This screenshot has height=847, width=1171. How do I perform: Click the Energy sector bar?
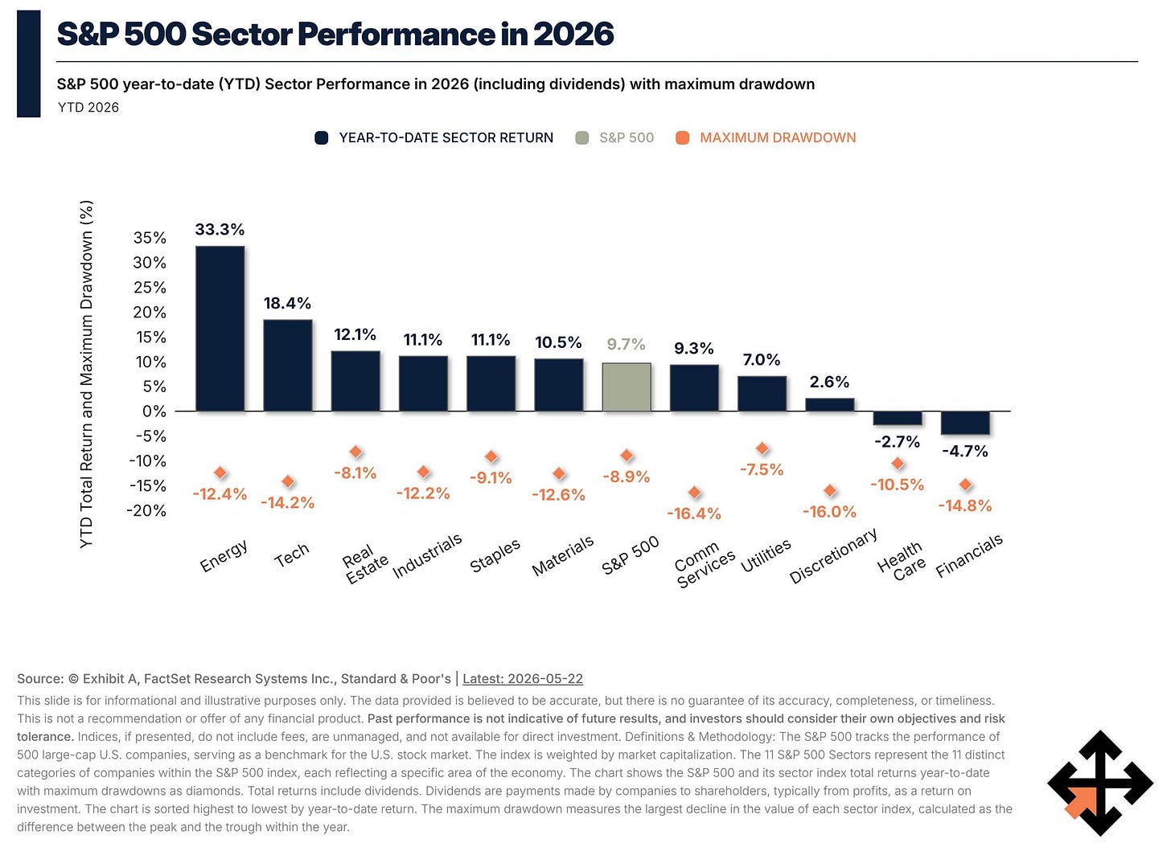[x=220, y=329]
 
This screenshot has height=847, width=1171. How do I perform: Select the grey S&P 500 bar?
[x=627, y=387]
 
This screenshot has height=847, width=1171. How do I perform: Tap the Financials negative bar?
[x=966, y=423]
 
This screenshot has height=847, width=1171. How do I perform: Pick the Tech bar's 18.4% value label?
[x=288, y=304]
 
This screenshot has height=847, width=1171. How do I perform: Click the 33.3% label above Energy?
[x=220, y=229]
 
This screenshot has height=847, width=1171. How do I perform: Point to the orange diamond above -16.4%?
[x=694, y=492]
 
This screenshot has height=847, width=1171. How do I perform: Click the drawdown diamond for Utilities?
[x=762, y=448]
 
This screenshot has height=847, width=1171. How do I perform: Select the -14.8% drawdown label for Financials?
[x=965, y=505]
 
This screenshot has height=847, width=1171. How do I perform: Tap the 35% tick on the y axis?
[x=150, y=238]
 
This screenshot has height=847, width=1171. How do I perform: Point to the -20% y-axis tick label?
[x=147, y=510]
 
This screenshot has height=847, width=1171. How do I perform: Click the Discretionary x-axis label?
[x=832, y=555]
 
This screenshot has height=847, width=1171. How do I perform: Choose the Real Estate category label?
[x=365, y=564]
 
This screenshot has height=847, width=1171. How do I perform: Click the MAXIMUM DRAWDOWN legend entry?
[x=766, y=138]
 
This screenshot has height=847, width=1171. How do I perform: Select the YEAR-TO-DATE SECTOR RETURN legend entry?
[x=434, y=138]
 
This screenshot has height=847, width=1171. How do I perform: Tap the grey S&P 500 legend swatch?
[x=581, y=138]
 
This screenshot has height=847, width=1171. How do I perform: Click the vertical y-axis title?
[x=87, y=374]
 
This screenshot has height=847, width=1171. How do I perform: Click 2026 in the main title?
[x=573, y=34]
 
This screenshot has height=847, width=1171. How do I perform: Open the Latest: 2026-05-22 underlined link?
[x=523, y=678]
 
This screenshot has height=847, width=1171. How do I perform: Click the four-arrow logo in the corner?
[x=1100, y=782]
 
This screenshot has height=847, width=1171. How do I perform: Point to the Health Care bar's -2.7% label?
[x=898, y=442]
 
